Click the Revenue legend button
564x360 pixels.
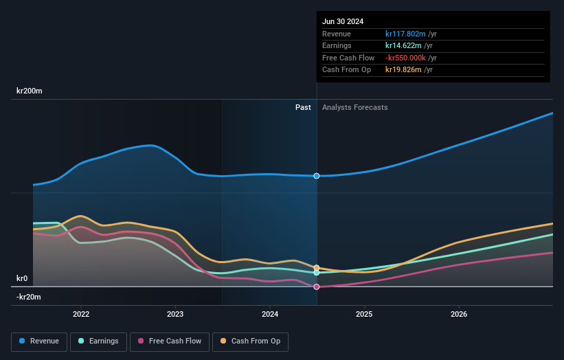click(40, 341)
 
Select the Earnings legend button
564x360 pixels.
click(98, 341)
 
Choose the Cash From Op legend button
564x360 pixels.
click(250, 341)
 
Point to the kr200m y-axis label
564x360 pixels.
click(30, 91)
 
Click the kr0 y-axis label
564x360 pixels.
click(22, 278)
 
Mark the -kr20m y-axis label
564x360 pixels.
click(29, 297)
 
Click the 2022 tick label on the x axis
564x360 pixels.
click(81, 314)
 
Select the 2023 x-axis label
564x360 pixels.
click(175, 314)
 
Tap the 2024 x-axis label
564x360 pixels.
click(270, 314)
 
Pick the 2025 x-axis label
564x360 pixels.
click(364, 314)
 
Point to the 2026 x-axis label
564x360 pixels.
click(459, 314)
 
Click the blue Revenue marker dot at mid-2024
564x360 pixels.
click(317, 176)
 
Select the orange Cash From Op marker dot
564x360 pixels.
click(317, 267)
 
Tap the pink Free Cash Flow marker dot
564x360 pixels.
click(317, 286)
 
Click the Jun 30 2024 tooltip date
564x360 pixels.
click(343, 21)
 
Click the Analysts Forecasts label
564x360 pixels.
click(354, 107)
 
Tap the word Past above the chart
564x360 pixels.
click(303, 107)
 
